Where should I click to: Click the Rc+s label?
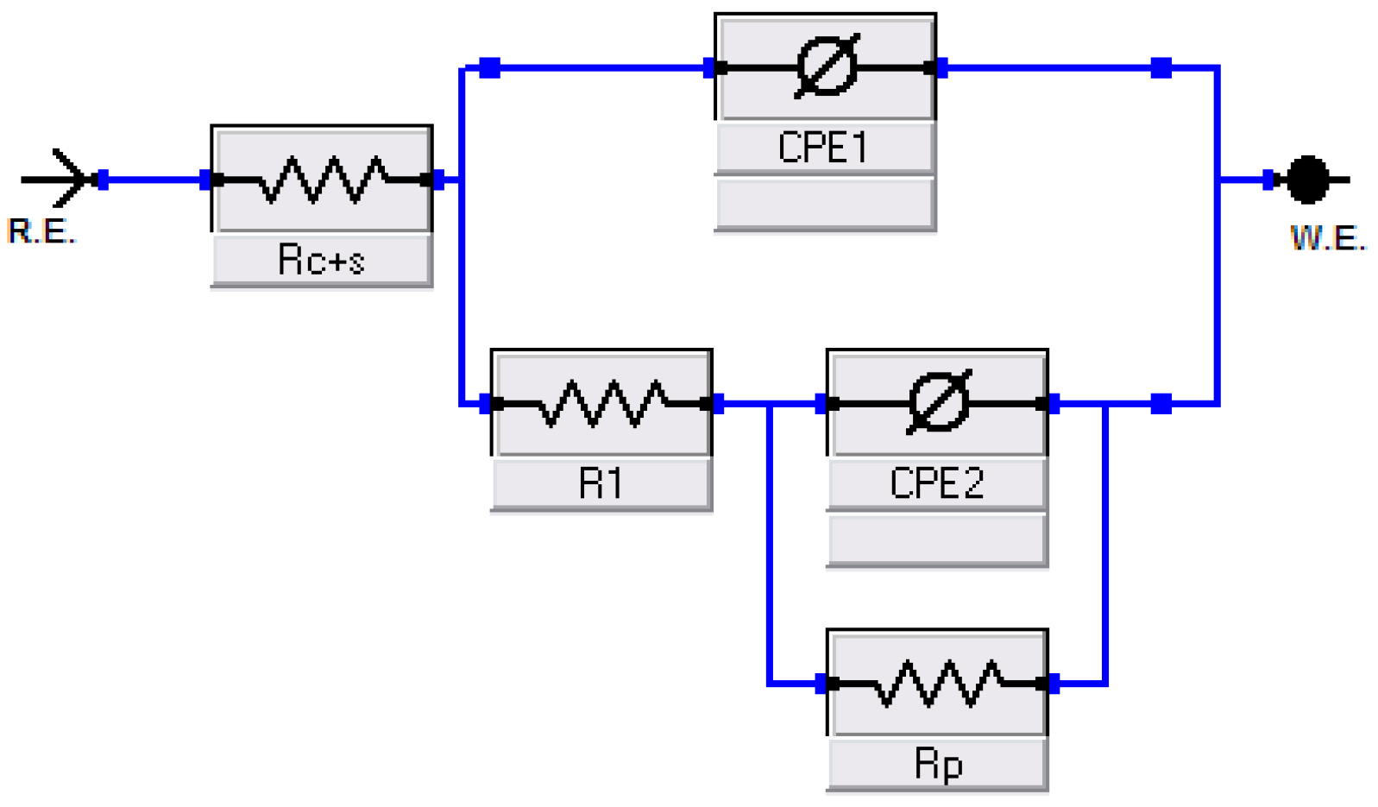click(321, 260)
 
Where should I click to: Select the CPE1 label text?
click(823, 148)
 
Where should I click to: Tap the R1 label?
click(601, 484)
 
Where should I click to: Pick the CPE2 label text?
click(936, 483)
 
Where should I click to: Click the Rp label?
click(939, 766)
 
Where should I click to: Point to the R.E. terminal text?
click(41, 231)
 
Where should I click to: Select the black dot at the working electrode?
click(1308, 180)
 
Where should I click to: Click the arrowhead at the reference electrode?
click(71, 179)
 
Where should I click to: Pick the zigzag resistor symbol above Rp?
click(938, 684)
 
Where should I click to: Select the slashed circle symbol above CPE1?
click(827, 66)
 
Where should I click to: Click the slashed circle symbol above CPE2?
click(939, 402)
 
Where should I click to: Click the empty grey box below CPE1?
click(825, 203)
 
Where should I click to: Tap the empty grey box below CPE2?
click(937, 539)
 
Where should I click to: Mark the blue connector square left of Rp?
click(820, 684)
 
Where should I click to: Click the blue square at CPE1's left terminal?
click(708, 67)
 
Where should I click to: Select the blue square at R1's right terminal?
click(718, 404)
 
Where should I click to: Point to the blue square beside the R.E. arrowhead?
click(104, 180)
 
